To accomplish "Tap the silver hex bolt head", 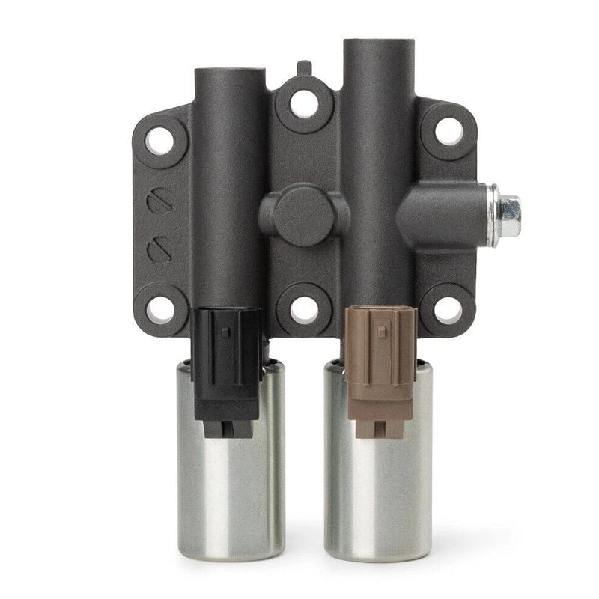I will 509,216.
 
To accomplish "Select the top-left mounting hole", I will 159,141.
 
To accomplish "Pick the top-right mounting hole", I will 449,130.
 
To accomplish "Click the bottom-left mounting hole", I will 159,308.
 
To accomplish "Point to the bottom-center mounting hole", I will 304,307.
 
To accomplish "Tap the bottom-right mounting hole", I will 449,308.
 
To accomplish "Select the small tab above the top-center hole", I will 303,68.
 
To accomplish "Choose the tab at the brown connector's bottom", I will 379,428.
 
